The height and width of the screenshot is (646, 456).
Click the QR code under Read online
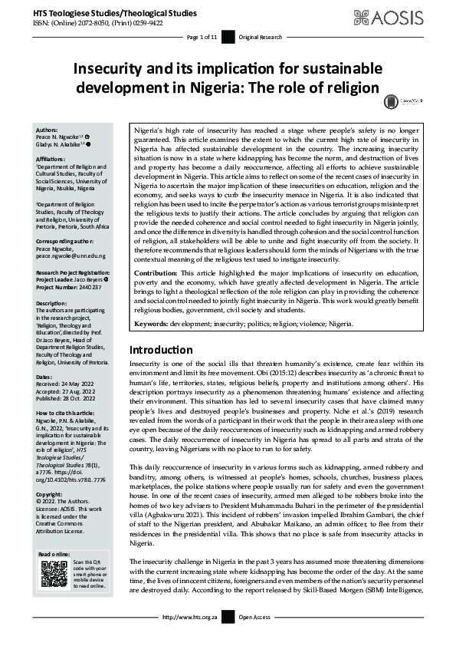tap(54, 575)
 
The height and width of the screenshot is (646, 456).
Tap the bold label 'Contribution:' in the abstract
tap(156, 273)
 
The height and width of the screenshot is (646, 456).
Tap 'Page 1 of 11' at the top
tap(202, 37)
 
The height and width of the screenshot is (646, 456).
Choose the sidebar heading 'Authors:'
tap(47, 130)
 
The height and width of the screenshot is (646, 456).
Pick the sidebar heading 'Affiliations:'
tap(51, 158)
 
